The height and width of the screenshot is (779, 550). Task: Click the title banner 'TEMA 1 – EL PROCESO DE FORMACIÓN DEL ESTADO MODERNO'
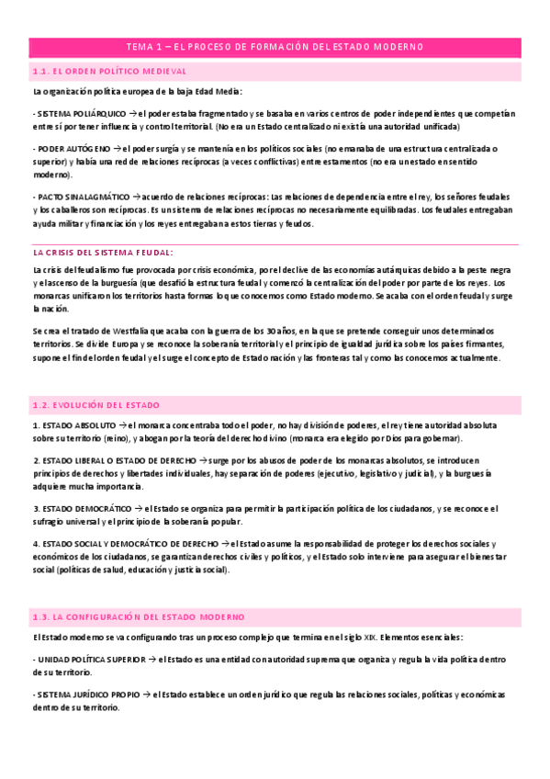pos(275,48)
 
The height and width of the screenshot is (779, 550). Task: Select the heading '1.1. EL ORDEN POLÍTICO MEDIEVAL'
pos(109,72)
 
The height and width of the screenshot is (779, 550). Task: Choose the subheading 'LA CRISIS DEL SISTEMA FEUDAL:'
pos(103,252)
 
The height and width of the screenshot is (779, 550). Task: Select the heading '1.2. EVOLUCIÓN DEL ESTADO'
pos(96,405)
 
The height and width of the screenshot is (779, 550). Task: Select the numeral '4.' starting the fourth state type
pos(35,543)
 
